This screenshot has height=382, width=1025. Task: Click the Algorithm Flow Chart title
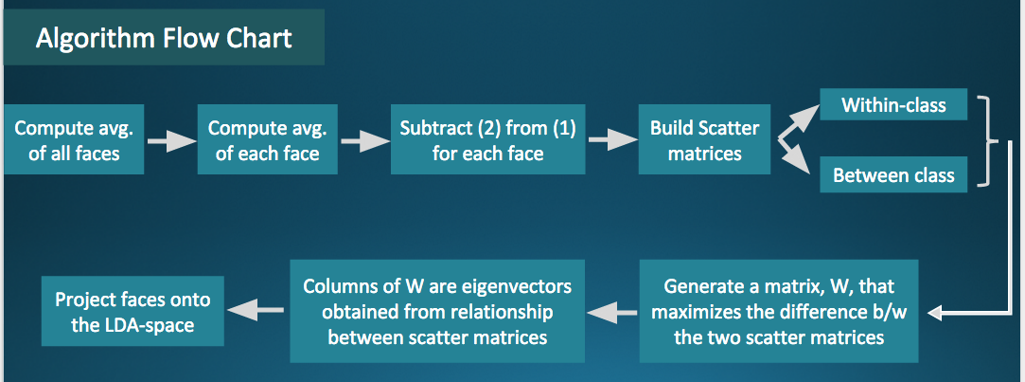point(163,39)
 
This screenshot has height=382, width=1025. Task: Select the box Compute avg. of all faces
point(74,139)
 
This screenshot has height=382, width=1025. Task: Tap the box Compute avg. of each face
point(267,139)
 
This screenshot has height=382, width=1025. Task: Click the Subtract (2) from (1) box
point(487,139)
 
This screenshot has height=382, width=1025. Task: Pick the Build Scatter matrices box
point(704,139)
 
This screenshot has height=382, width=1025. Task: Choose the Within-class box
point(893,104)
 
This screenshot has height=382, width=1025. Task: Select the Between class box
point(893,175)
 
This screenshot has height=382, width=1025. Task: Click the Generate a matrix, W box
point(779,310)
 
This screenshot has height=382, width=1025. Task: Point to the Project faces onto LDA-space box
point(133,310)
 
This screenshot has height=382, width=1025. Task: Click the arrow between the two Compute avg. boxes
point(170,141)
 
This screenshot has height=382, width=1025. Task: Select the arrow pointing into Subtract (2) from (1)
point(363,141)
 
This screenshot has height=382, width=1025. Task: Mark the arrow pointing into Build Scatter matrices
point(611,141)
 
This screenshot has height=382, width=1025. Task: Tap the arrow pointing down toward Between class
point(796,157)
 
